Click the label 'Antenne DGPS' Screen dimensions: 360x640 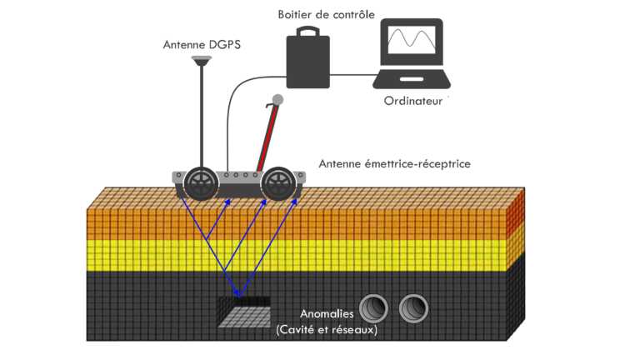point(201,44)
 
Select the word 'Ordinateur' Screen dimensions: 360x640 point(412,102)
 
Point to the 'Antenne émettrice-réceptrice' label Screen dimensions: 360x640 point(394,164)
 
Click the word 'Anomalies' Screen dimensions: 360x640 point(327,314)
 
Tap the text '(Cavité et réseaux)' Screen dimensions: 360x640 point(327,329)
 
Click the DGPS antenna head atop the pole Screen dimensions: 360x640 point(201,60)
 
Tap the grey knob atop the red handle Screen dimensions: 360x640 point(277,100)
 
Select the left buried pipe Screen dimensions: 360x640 point(374,309)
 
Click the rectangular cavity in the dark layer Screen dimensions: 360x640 point(242,314)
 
